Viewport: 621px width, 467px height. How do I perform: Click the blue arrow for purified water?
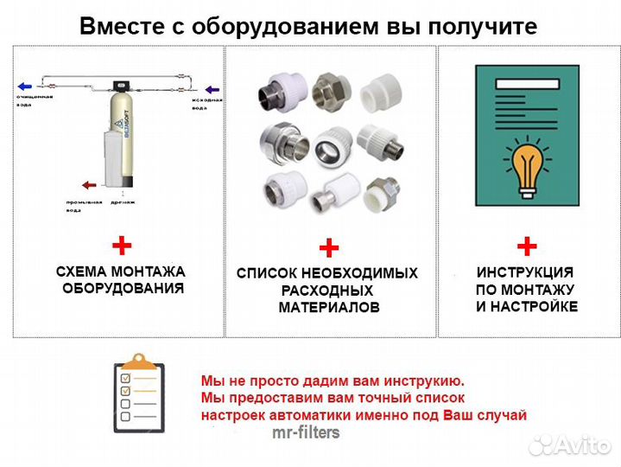pos(26,86)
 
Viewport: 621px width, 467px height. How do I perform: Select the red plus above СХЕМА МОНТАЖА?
pos(122,245)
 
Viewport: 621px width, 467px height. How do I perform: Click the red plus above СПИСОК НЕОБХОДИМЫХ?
pos(328,249)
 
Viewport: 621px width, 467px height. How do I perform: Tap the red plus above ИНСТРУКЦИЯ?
pos(527,245)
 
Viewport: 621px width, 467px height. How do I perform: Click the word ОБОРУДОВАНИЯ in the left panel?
pos(123,288)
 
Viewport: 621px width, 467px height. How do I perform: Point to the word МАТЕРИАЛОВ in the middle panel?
pos(328,308)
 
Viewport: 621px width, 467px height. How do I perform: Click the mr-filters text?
pos(306,432)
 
